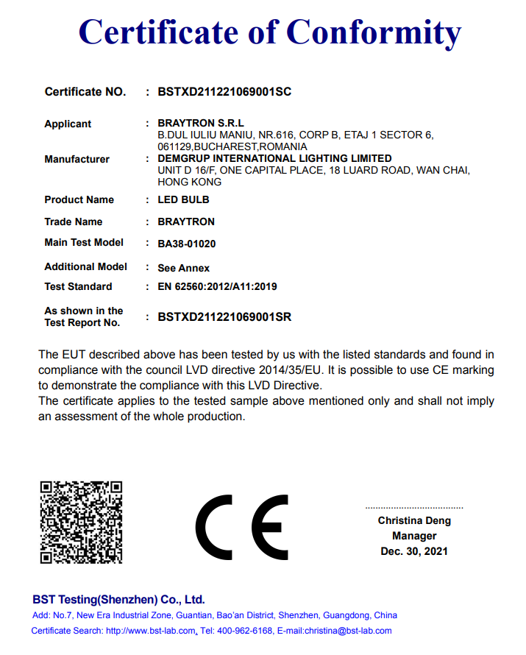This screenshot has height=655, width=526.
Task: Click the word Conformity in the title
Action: pos(374,32)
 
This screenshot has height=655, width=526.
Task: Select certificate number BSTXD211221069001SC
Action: pos(224,92)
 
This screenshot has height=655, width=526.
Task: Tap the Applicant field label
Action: pos(68,124)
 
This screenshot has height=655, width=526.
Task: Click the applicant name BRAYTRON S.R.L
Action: pos(201,123)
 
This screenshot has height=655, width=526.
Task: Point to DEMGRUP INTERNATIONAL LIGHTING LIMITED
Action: pos(274,158)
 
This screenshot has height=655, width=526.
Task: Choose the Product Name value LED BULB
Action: pos(183,199)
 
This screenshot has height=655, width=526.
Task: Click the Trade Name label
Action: pos(73,222)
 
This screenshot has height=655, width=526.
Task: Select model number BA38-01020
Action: pos(187,244)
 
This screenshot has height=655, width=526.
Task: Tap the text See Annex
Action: pos(184,268)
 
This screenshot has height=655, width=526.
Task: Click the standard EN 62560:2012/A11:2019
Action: pos(217,286)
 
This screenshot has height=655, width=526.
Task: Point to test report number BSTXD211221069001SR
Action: pos(224,317)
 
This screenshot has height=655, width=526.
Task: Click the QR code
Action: pos(81,521)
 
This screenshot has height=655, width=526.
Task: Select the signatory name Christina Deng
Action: pos(414,520)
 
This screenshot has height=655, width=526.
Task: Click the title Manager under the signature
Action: pos(414,536)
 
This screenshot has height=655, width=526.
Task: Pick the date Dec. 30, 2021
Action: pos(414,551)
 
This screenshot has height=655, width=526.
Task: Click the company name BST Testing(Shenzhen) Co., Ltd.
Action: pos(118,599)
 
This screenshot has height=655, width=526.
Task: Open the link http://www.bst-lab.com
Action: pos(151,631)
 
